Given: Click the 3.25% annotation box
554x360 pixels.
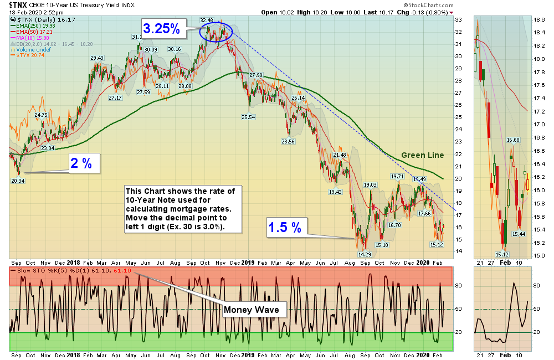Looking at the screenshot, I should [162, 29].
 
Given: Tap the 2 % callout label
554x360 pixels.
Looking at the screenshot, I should [84, 163].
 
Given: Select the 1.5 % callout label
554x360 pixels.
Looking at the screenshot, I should [285, 227].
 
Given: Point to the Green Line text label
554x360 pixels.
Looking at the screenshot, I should [421, 156].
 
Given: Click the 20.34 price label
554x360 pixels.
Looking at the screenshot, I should [18, 180].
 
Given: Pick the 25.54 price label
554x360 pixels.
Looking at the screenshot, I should [248, 117].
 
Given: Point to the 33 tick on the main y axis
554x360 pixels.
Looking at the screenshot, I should [458, 19].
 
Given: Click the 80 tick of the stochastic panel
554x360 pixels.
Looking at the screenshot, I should [459, 286].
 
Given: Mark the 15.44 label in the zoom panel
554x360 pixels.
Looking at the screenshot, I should [519, 234].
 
